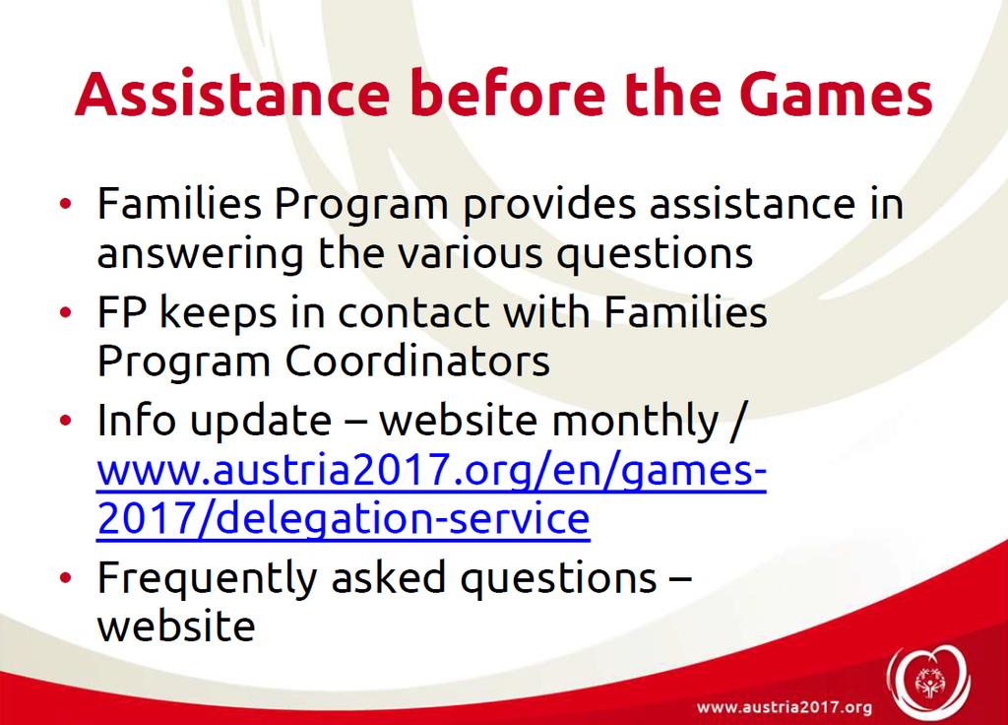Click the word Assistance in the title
pos(232,94)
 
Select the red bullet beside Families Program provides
pos(66,205)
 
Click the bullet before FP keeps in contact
pos(66,313)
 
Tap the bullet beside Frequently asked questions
pos(66,577)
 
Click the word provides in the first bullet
pos(549,205)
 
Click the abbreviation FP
pos(121,313)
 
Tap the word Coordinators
pos(417,361)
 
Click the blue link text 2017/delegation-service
pos(344,519)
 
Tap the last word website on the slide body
pos(176,626)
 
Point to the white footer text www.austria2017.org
pos(785,707)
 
